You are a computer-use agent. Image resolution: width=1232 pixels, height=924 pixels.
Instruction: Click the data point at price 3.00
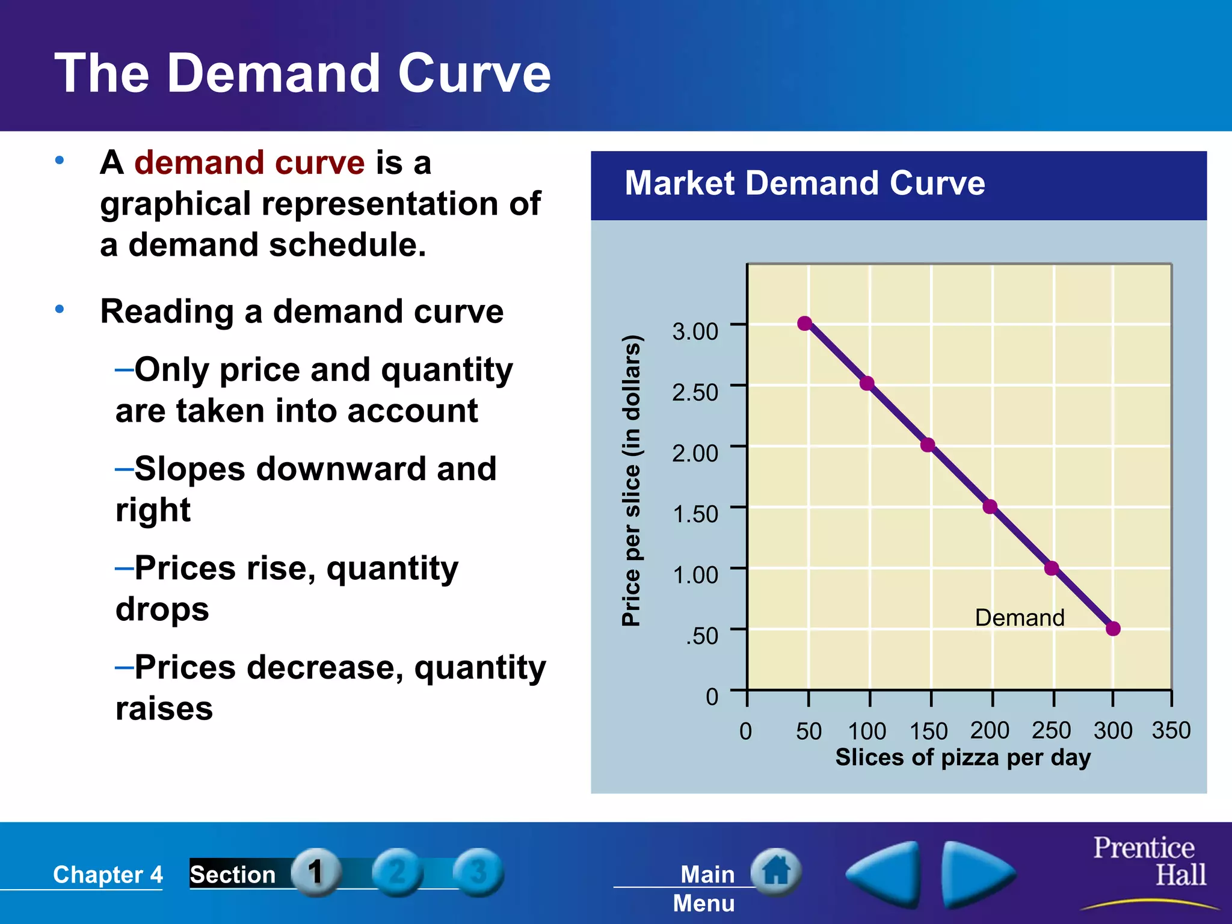(x=805, y=324)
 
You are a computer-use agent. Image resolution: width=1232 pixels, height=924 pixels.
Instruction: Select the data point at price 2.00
(x=928, y=445)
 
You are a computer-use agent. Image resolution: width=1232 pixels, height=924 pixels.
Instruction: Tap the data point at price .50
(x=1113, y=629)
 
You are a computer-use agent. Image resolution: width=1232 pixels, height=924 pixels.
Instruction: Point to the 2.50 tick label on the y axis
(x=695, y=392)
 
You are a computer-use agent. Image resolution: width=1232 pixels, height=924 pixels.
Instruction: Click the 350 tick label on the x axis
(x=1171, y=730)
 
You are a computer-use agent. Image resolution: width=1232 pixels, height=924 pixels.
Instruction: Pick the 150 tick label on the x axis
(x=928, y=731)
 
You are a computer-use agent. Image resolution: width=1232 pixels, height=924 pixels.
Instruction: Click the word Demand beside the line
(x=1020, y=618)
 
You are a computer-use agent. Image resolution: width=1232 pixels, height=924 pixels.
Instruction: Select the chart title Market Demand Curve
(x=804, y=183)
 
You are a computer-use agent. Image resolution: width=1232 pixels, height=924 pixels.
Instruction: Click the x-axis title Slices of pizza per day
(x=962, y=757)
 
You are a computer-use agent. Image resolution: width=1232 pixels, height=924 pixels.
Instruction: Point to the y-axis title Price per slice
(x=631, y=481)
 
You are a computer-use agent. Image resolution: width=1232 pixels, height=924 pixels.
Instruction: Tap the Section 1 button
(x=316, y=872)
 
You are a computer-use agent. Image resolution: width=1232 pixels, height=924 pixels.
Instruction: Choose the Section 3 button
(x=478, y=872)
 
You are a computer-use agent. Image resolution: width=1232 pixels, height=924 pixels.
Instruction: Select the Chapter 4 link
(x=108, y=874)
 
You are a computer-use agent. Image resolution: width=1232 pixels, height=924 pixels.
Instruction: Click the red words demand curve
(x=249, y=162)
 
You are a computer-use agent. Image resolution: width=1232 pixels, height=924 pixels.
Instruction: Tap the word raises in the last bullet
(x=164, y=709)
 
